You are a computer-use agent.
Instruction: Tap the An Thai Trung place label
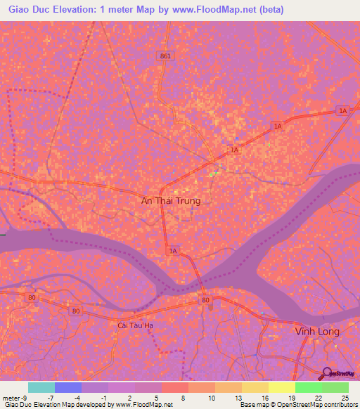click(x=171, y=201)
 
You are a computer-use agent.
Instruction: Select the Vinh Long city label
click(x=316, y=331)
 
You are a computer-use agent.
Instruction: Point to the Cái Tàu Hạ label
click(x=136, y=325)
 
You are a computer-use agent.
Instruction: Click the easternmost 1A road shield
click(x=342, y=110)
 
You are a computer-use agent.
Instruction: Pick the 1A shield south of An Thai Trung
click(x=173, y=250)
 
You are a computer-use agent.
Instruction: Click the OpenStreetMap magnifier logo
click(x=326, y=372)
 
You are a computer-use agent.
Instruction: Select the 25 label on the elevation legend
click(x=344, y=398)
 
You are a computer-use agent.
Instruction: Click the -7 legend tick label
click(x=51, y=398)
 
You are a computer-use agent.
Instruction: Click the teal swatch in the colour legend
click(x=41, y=387)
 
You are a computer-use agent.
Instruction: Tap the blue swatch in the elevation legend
click(x=68, y=387)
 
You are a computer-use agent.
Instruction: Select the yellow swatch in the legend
click(x=282, y=387)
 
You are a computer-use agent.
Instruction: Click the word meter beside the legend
click(x=12, y=398)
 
